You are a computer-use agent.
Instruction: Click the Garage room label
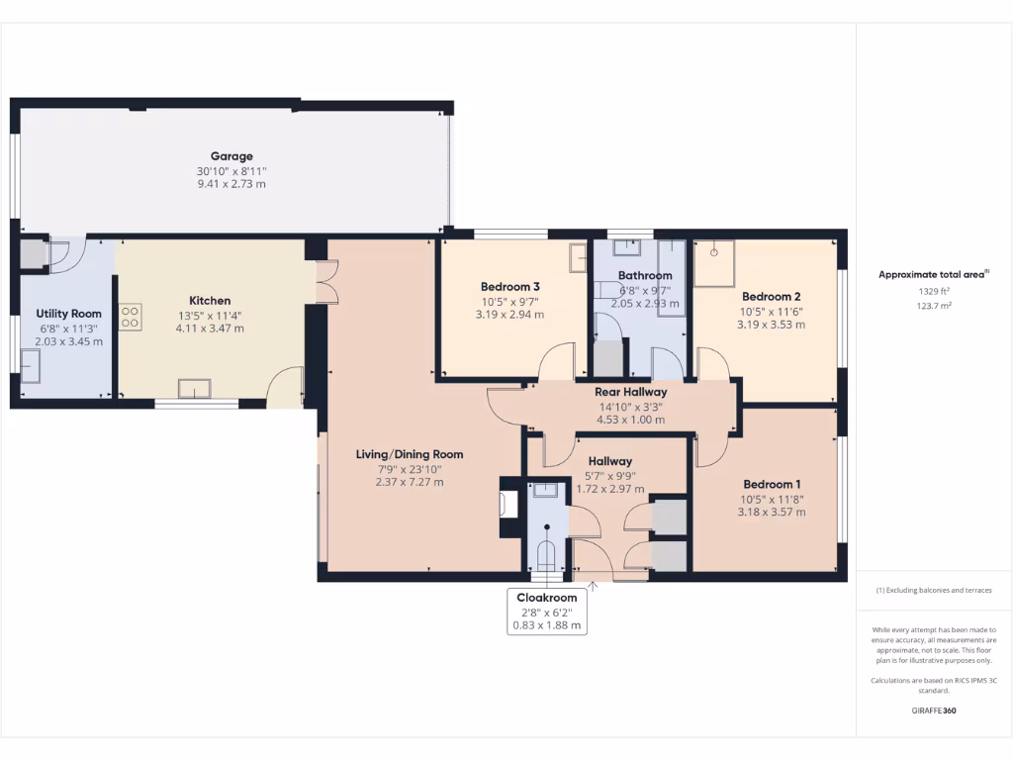231,155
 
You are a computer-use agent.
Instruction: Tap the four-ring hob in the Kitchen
130,316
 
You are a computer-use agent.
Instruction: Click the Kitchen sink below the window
194,387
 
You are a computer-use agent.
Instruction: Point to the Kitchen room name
210,301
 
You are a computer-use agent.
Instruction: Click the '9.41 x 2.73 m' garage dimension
231,184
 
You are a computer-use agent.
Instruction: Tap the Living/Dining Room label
410,454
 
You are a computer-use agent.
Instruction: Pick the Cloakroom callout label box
546,612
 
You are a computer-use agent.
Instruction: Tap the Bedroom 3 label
510,286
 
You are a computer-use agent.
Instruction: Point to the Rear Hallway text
630,392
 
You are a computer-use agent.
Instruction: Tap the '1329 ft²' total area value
934,292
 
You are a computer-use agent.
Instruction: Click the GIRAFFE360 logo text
934,711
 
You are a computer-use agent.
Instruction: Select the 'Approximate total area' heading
931,275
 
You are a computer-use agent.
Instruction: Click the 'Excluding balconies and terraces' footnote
934,590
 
